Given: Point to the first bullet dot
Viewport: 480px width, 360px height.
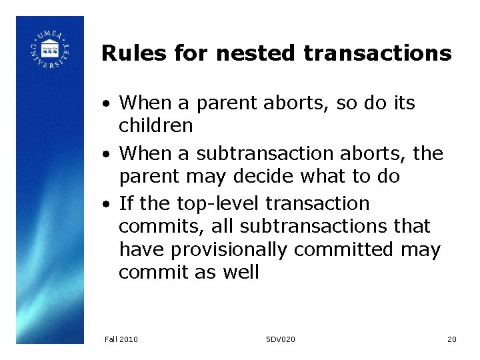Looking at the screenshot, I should pos(107,104).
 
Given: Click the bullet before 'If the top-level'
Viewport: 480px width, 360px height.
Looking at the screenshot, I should pos(107,204).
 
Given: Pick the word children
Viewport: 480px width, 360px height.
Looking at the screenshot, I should pos(155,125).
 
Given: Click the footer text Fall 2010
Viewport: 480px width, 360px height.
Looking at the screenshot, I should pos(121,339).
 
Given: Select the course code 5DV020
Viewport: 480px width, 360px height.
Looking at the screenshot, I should pos(279,339).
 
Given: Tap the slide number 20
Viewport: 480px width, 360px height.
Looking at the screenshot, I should pos(451,339).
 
